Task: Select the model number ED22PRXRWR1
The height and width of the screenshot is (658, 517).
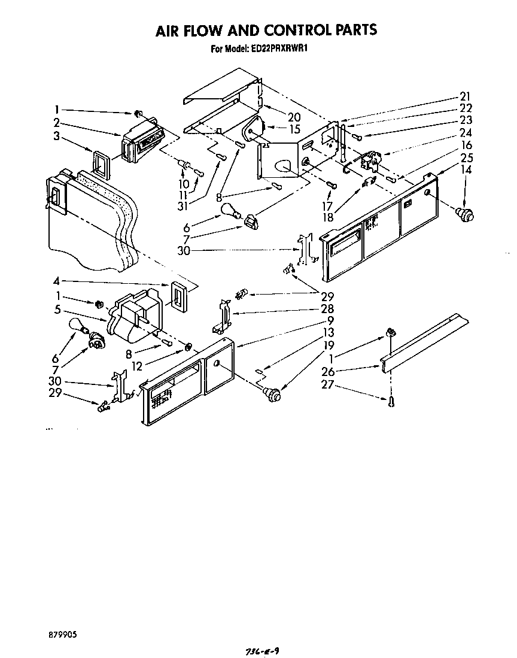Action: [x=277, y=50]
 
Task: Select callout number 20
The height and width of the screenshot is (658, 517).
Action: [x=276, y=117]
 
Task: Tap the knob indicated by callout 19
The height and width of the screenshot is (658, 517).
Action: [x=273, y=393]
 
